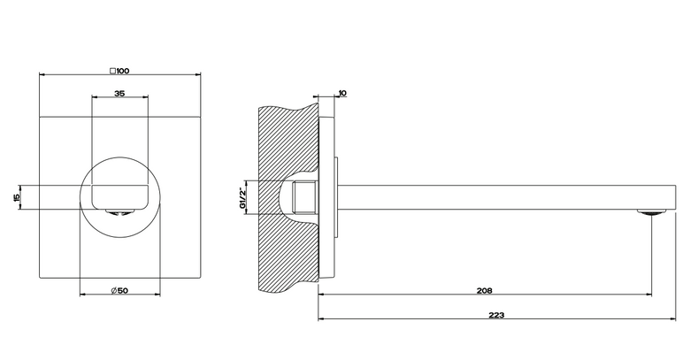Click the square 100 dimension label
point(119,71)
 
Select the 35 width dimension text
point(119,93)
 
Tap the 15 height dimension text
point(17,197)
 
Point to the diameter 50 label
point(119,290)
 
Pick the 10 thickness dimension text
point(343,93)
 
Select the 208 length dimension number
point(484,290)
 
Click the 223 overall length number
point(496,315)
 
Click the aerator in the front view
point(119,212)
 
